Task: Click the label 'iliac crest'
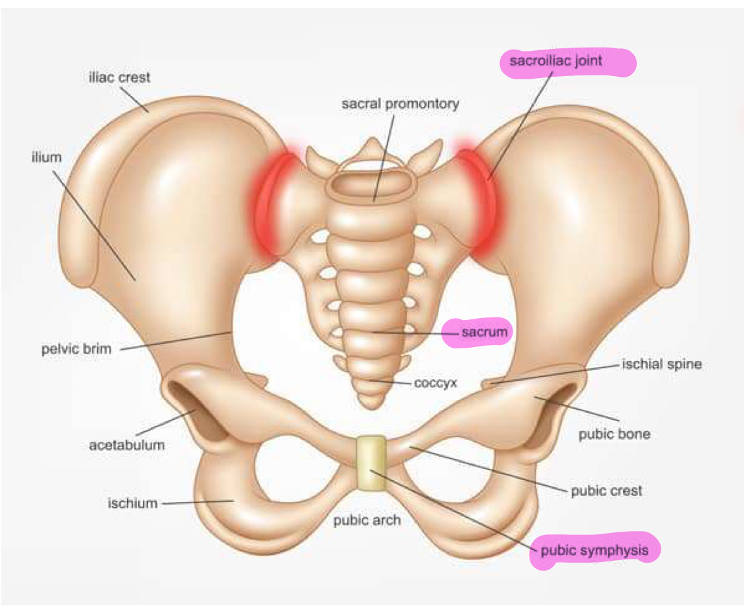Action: pyautogui.click(x=120, y=77)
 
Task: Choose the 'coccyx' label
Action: pyautogui.click(x=436, y=382)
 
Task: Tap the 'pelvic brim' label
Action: pyautogui.click(x=72, y=348)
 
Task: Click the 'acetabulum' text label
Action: pyautogui.click(x=127, y=444)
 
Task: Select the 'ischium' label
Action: pyautogui.click(x=133, y=503)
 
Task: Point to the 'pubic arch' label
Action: pyautogui.click(x=367, y=520)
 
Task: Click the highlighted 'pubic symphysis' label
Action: pyautogui.click(x=599, y=549)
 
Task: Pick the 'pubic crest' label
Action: pyautogui.click(x=606, y=491)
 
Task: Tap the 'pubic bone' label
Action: pyautogui.click(x=614, y=434)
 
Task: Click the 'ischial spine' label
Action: pyautogui.click(x=661, y=364)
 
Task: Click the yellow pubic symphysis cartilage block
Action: pyautogui.click(x=371, y=463)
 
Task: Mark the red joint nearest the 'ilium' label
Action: pyautogui.click(x=268, y=202)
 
